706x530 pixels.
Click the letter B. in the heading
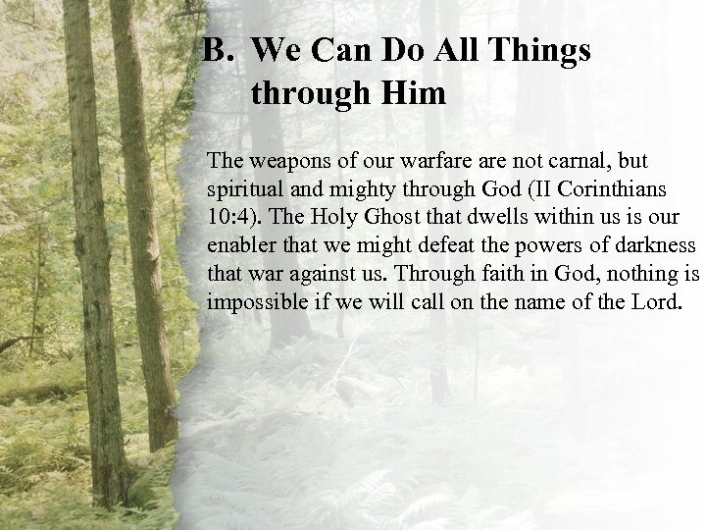click(215, 51)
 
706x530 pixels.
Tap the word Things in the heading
click(545, 51)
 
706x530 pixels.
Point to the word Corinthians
click(586, 187)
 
